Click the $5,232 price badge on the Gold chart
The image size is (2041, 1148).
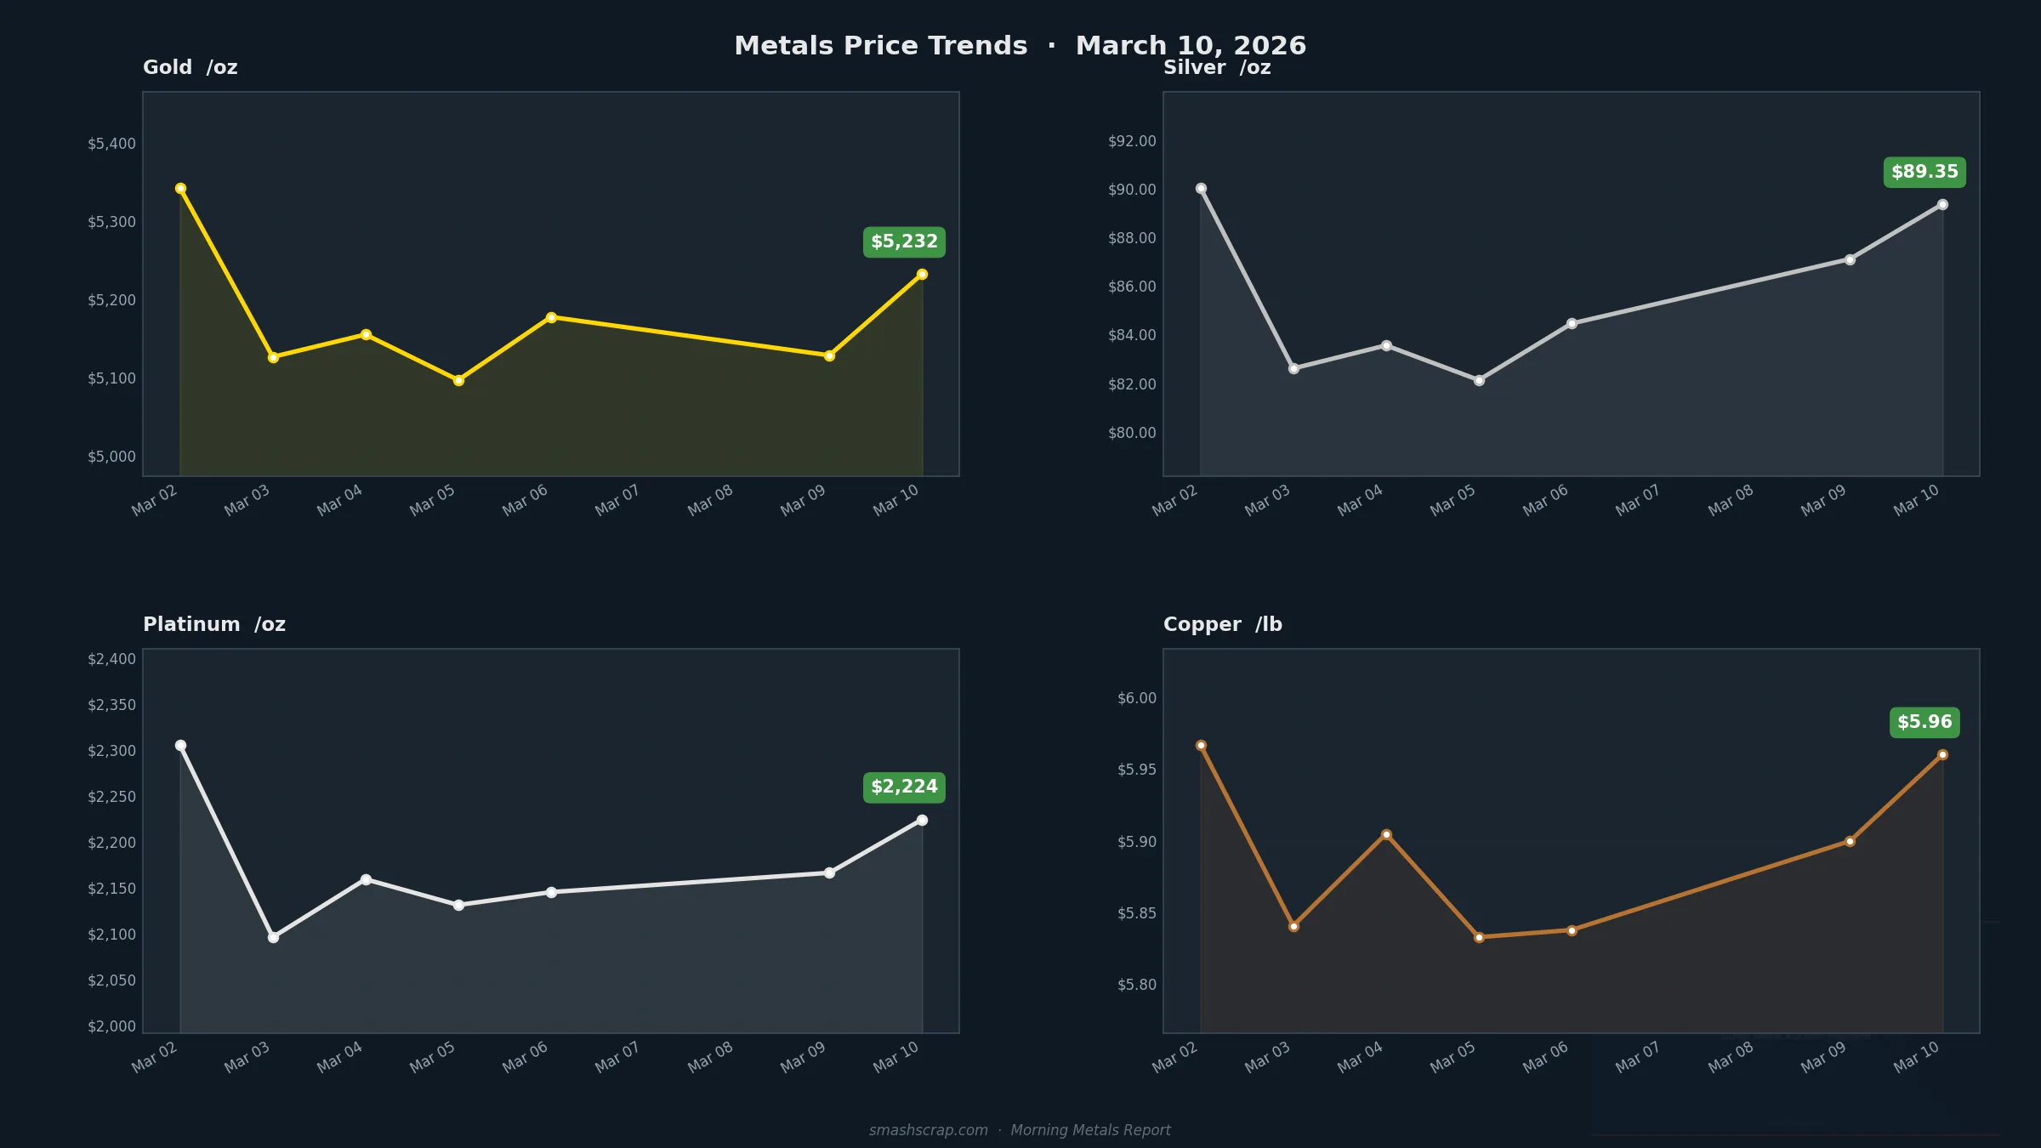(904, 242)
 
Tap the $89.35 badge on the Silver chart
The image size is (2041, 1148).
(1924, 173)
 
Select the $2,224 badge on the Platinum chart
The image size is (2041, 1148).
(904, 787)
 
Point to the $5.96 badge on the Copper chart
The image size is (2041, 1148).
(1924, 723)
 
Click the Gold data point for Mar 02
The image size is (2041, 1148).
(180, 189)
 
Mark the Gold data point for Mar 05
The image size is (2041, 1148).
(458, 381)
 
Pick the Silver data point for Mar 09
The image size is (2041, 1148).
(1850, 260)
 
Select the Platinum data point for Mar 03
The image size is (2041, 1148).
(273, 937)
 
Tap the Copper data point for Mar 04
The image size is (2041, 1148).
(1386, 835)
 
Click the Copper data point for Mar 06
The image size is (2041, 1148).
(1572, 931)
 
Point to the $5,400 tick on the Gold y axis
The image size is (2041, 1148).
(111, 144)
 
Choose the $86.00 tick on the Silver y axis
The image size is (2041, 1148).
(1132, 287)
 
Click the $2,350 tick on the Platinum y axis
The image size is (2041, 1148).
(111, 705)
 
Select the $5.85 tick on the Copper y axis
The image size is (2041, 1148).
(1136, 913)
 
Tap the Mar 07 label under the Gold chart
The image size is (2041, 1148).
(617, 500)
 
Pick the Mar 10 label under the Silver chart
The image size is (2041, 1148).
(1916, 500)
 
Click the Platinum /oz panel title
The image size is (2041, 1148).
(214, 624)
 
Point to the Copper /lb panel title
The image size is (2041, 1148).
(1222, 624)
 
